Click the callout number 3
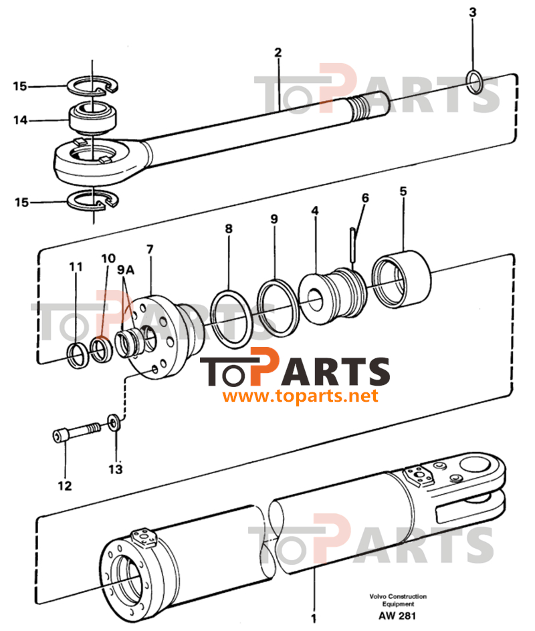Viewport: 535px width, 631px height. pyautogui.click(x=473, y=13)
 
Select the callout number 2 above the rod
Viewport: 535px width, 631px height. pyautogui.click(x=278, y=52)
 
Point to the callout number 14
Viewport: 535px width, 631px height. pyautogui.click(x=20, y=120)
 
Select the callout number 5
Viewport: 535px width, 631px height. pyautogui.click(x=403, y=191)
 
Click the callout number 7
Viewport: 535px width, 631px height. pyautogui.click(x=150, y=249)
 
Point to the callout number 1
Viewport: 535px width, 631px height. pyautogui.click(x=313, y=618)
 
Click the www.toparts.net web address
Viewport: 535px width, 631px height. pyautogui.click(x=300, y=396)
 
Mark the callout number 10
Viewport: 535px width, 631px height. pyautogui.click(x=108, y=259)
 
